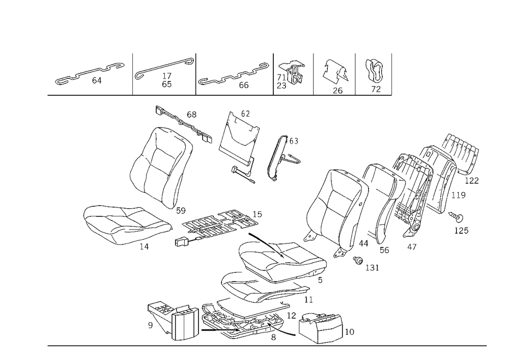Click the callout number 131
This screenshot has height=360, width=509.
tap(372, 267)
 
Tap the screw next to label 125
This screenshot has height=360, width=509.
tap(456, 217)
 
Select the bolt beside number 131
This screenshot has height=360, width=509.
tap(358, 260)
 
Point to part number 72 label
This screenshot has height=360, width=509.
tap(376, 89)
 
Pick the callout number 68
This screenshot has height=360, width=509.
tap(191, 114)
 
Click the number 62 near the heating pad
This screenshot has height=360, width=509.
tap(245, 114)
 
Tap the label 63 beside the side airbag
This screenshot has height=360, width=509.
tap(294, 141)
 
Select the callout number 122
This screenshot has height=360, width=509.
tap(472, 181)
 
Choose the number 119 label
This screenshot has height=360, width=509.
tap(459, 195)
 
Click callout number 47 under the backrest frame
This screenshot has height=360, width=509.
tap(412, 247)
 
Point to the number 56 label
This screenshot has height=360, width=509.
tap(384, 250)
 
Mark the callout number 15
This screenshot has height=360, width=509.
tap(257, 214)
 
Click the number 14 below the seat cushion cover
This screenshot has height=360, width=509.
tap(144, 247)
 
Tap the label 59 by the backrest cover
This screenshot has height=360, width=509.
tap(181, 210)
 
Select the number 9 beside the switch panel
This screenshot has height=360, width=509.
tap(150, 325)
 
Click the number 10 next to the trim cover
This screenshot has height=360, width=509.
tap(349, 332)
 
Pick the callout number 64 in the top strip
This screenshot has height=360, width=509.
tap(97, 80)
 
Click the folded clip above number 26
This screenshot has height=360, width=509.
tap(335, 70)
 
